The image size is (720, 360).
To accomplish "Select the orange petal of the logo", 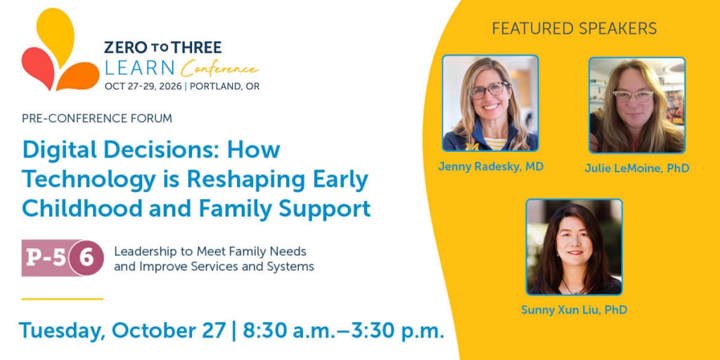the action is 79,77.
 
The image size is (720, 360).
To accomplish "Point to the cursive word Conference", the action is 219,70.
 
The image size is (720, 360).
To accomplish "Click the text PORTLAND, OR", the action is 224,86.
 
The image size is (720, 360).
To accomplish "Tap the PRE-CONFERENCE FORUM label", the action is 97,118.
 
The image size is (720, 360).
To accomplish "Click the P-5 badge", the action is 46,258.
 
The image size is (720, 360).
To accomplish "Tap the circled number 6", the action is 86,258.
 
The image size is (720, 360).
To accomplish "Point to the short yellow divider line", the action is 62,299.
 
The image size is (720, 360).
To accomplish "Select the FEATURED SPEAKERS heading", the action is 574,28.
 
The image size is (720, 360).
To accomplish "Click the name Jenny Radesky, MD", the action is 490,167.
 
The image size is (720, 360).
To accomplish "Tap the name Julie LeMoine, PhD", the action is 637,169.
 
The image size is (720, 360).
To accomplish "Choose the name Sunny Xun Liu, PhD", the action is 574,310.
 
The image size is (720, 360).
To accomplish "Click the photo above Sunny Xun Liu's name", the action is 574,247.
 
